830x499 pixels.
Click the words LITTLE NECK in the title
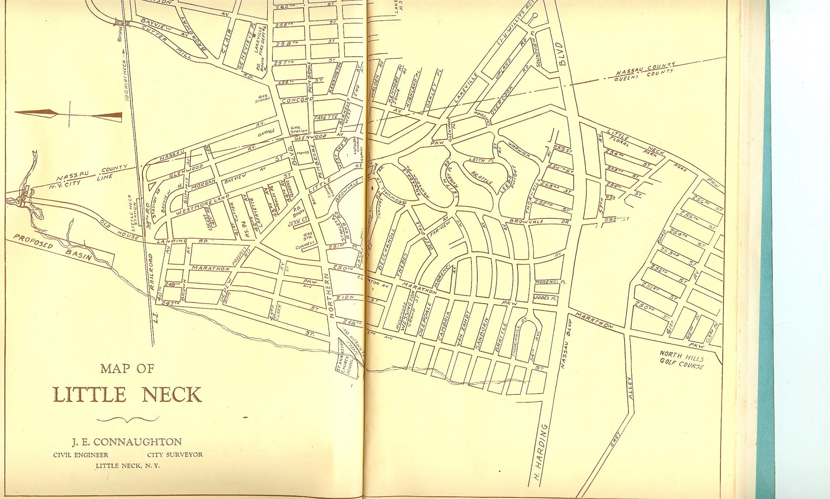(x=127, y=394)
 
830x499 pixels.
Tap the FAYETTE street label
(x=326, y=117)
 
